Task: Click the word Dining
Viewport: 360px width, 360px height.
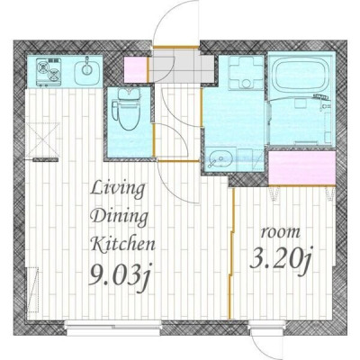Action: [x=120, y=216]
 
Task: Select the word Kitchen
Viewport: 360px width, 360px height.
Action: [x=123, y=244]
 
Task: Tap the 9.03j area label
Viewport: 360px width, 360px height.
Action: [x=121, y=275]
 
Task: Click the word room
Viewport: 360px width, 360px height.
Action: [x=281, y=232]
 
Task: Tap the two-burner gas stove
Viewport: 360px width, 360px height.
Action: [x=49, y=72]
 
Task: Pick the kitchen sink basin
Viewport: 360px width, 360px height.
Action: [x=87, y=71]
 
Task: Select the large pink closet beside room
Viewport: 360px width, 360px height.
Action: [x=301, y=168]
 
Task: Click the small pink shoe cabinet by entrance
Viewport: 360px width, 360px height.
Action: [x=136, y=70]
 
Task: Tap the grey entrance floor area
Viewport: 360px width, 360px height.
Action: [x=182, y=66]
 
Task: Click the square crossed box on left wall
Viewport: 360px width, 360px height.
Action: [x=42, y=139]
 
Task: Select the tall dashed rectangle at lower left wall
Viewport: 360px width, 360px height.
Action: [x=33, y=290]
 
